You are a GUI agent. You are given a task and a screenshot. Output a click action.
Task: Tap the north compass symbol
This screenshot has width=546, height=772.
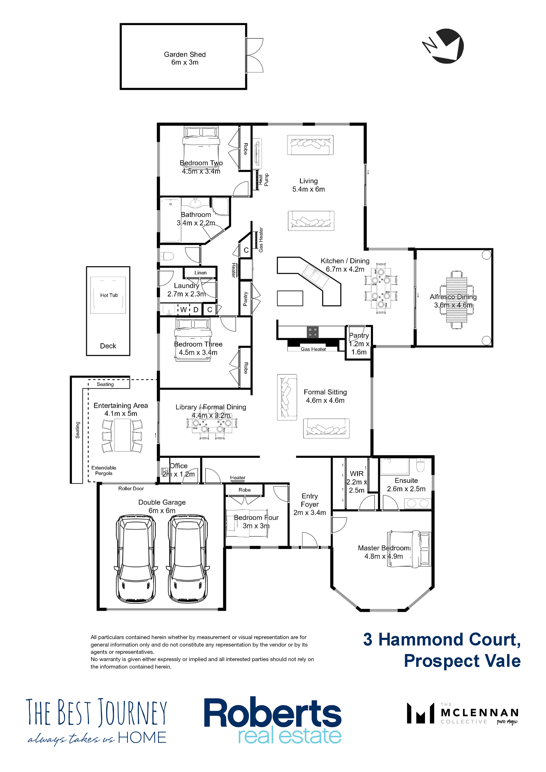(x=443, y=46)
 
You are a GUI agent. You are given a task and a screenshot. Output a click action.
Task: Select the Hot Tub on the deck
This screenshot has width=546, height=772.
(x=108, y=295)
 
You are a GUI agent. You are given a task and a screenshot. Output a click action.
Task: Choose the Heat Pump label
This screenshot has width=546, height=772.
(x=263, y=180)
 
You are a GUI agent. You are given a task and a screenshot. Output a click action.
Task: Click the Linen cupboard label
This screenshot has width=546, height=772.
(x=200, y=273)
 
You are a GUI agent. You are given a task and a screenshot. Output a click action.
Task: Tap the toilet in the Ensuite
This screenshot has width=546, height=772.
(x=421, y=466)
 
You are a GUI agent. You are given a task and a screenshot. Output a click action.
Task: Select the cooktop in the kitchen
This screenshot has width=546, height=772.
(x=313, y=332)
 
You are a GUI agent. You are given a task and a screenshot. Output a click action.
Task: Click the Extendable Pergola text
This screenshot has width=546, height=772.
(x=104, y=470)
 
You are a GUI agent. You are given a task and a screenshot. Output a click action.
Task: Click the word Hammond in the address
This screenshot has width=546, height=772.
(x=424, y=640)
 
